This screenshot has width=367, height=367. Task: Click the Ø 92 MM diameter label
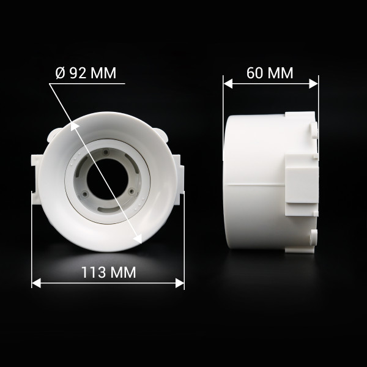point(86,73)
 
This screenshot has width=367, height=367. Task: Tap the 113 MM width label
point(109,272)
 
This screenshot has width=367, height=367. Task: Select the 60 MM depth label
point(270,73)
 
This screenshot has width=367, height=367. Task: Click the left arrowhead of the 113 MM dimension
point(36,283)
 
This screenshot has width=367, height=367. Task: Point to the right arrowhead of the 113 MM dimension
point(180,283)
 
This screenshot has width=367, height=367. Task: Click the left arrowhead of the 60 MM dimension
point(228,84)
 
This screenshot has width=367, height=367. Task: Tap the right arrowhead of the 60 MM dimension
point(314,84)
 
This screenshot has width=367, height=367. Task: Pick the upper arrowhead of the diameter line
point(74,126)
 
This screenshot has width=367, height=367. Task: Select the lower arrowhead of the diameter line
point(138,239)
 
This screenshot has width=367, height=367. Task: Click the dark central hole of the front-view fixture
point(108,179)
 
